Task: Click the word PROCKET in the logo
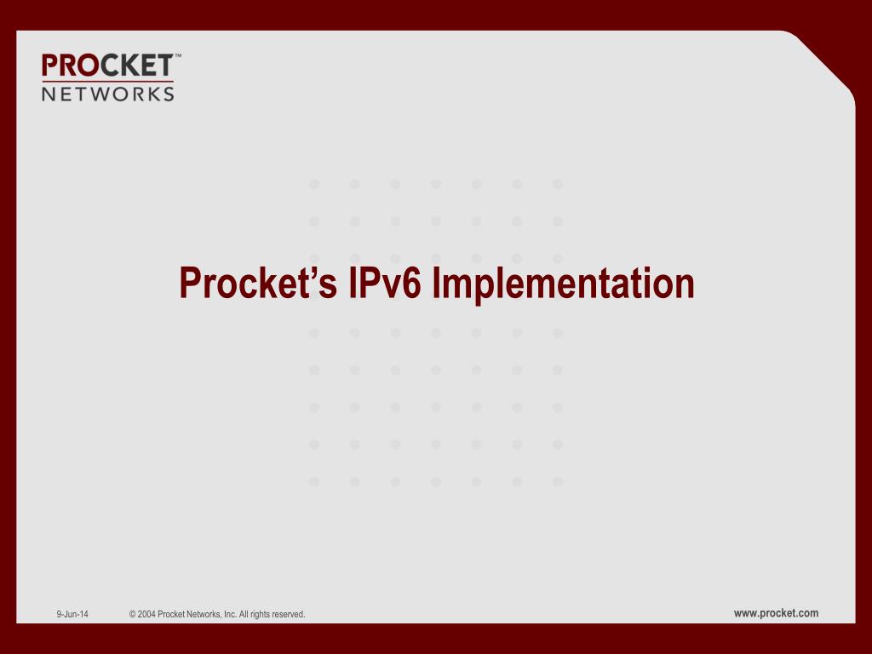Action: (107, 66)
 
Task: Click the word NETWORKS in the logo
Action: (108, 94)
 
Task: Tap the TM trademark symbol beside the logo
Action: (178, 55)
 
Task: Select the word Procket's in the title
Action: (258, 283)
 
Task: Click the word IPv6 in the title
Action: (385, 283)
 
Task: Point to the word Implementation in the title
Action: (563, 284)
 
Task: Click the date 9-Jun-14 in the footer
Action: (72, 614)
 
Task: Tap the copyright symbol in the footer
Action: (132, 615)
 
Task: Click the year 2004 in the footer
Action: (146, 615)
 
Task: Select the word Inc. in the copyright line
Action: (230, 615)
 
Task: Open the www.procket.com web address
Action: (776, 613)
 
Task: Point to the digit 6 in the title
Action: (411, 283)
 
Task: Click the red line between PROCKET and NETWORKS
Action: (108, 82)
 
